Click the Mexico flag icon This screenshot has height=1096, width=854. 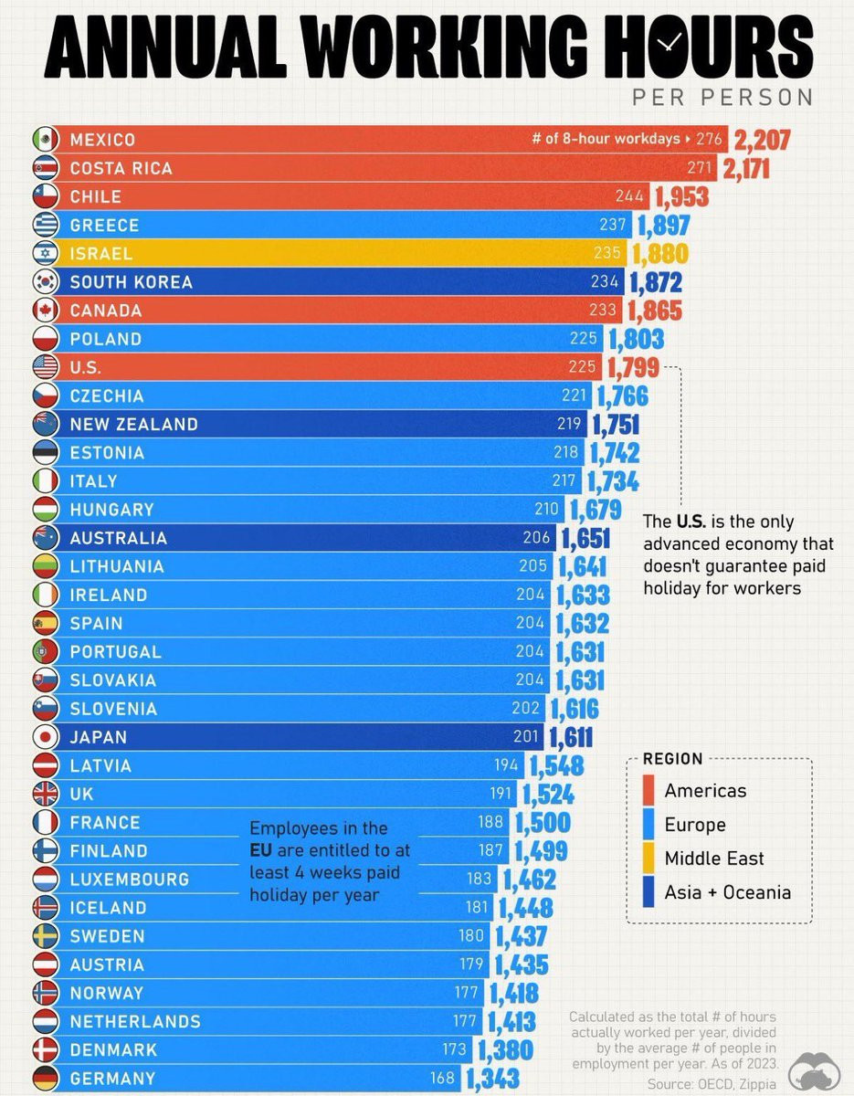pyautogui.click(x=45, y=140)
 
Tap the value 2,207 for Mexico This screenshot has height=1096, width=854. pyautogui.click(x=762, y=140)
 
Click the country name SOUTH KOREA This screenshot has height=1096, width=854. pyautogui.click(x=131, y=282)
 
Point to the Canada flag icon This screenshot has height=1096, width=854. pyautogui.click(x=45, y=311)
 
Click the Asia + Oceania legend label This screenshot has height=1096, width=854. pyautogui.click(x=727, y=892)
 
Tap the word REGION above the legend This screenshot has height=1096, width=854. pyautogui.click(x=673, y=759)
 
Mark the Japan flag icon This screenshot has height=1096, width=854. pyautogui.click(x=45, y=737)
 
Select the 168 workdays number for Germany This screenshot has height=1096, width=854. pyautogui.click(x=442, y=1079)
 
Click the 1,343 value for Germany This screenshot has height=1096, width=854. pyautogui.click(x=492, y=1079)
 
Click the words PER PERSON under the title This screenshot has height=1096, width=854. pyautogui.click(x=722, y=97)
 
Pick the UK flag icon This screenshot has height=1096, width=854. pyautogui.click(x=45, y=794)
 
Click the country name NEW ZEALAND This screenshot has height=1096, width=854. pyautogui.click(x=133, y=425)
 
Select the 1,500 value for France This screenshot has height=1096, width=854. pyautogui.click(x=543, y=822)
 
